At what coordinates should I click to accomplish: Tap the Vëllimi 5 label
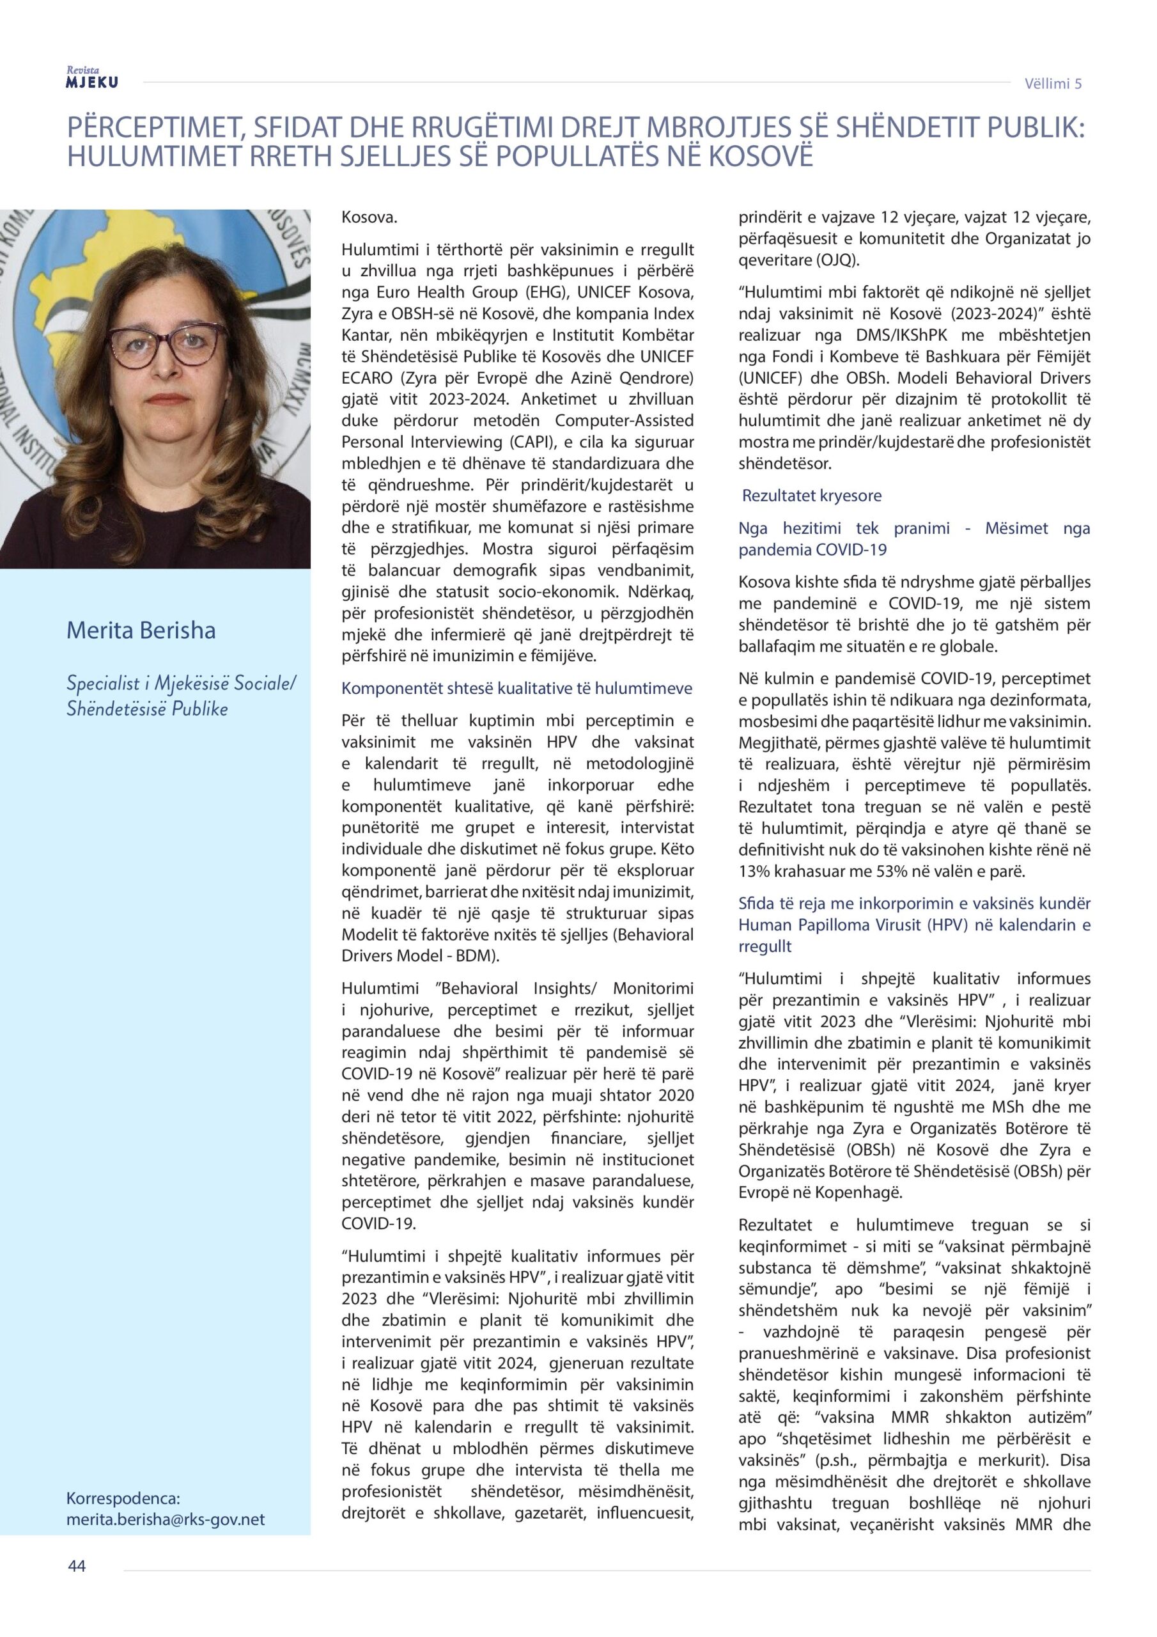click(x=1053, y=83)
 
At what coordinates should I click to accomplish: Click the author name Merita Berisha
click(x=141, y=631)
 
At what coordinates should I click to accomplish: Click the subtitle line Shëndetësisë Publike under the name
click(x=148, y=709)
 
